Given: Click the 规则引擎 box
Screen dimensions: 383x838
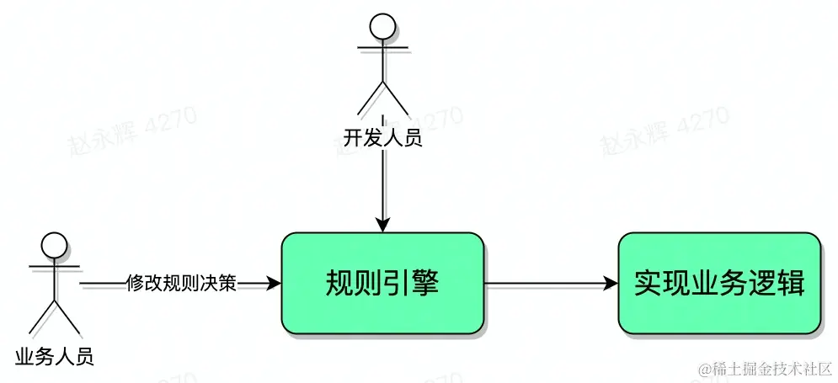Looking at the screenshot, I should click(382, 284).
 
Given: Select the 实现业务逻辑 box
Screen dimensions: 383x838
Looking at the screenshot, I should click(718, 284).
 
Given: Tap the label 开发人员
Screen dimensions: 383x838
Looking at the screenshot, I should click(382, 137).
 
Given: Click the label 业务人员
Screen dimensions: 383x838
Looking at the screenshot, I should click(54, 356).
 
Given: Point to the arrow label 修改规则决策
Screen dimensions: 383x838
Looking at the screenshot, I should click(181, 284).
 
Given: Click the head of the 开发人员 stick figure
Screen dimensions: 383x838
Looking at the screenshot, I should click(383, 25).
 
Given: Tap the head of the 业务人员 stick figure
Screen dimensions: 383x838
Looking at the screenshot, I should click(54, 246).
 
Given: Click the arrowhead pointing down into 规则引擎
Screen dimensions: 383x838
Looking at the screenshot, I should click(382, 225).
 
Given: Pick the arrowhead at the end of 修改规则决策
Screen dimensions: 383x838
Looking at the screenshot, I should click(273, 284).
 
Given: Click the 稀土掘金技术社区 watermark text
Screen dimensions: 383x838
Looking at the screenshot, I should click(766, 369).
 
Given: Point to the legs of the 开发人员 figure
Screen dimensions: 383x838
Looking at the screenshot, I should click(383, 97).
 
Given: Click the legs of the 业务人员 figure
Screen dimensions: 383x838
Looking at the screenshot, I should click(54, 317).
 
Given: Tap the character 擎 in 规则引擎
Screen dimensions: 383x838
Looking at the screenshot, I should click(424, 284).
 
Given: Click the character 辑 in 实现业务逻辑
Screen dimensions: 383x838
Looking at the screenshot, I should click(790, 284).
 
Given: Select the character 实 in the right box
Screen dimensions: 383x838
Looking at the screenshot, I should click(648, 284).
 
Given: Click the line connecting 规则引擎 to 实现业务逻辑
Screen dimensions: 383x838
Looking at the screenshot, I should click(547, 284).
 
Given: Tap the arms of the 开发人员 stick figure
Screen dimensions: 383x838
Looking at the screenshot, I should click(383, 46).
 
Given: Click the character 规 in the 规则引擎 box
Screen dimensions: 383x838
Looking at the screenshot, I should click(339, 284).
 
